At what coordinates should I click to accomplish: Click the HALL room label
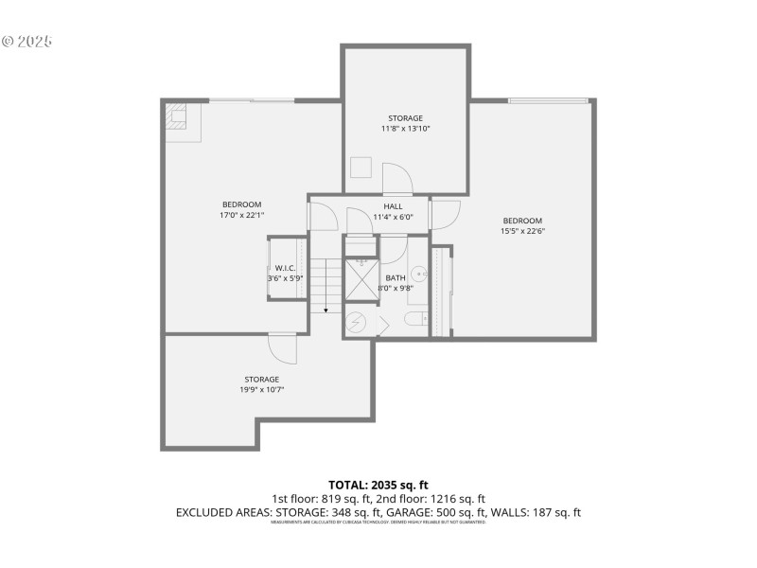(x=393, y=206)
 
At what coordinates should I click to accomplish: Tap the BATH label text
(x=395, y=277)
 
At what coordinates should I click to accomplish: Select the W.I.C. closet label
(x=285, y=269)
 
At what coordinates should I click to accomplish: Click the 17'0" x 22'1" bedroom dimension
(x=242, y=215)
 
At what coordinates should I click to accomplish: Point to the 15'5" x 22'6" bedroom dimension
(x=521, y=230)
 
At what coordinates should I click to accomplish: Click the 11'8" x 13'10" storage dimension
(x=405, y=129)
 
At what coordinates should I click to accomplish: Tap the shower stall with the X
(x=360, y=280)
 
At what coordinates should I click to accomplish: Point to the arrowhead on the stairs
(x=326, y=309)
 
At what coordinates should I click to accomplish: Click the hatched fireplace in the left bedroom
(x=177, y=118)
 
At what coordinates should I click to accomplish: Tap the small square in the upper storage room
(x=361, y=168)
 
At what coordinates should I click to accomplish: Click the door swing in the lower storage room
(x=282, y=349)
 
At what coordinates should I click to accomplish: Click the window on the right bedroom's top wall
(x=548, y=100)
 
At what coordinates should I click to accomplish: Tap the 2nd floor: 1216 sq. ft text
(x=443, y=499)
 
